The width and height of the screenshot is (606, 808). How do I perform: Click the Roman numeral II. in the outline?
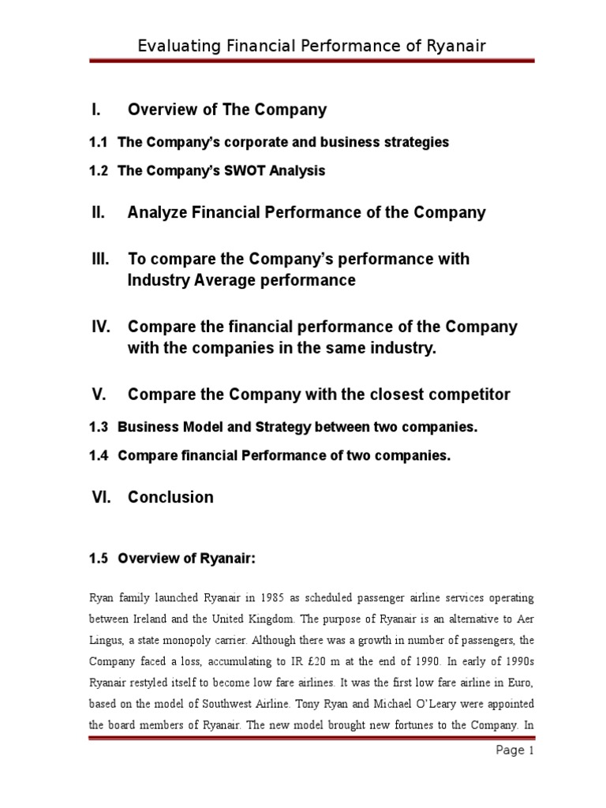tap(99, 212)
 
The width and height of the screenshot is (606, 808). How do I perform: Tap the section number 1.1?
tap(98, 142)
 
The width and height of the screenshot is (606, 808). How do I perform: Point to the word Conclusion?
tap(170, 497)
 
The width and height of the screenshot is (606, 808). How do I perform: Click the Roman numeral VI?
tap(101, 497)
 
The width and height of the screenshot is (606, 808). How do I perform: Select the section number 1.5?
tap(98, 559)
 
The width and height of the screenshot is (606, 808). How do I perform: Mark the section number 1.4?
tap(98, 455)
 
